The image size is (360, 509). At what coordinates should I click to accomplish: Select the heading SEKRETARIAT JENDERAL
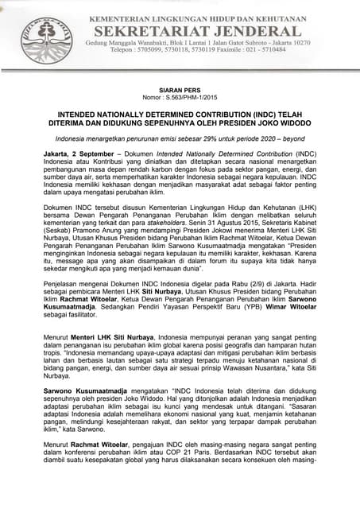[x=198, y=31]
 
